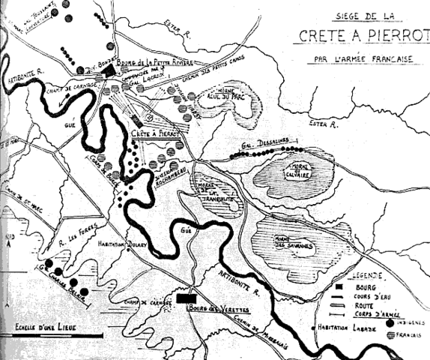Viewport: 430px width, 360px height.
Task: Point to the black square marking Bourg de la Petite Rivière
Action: point(112,70)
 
